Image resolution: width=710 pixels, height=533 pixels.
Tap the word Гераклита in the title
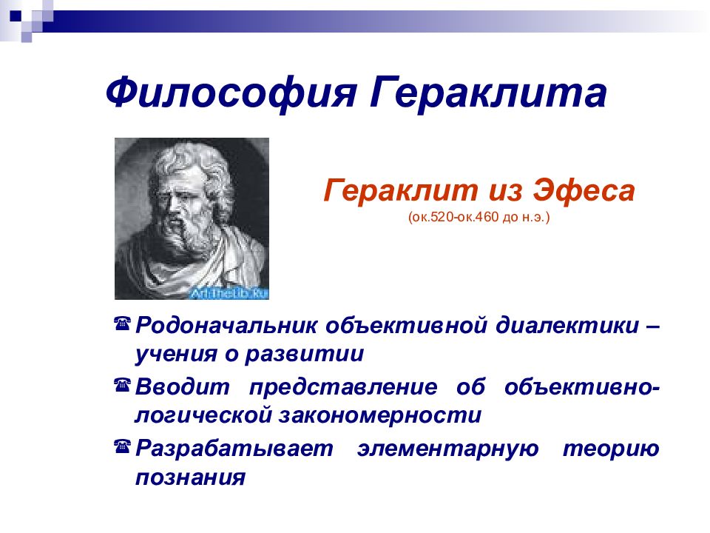click(x=488, y=93)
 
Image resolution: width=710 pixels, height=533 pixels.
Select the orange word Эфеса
click(x=584, y=191)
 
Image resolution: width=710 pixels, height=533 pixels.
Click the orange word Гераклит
click(x=401, y=191)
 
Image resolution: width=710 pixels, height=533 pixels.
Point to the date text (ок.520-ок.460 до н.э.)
click(x=479, y=217)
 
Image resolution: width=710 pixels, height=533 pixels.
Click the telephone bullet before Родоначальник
click(x=122, y=324)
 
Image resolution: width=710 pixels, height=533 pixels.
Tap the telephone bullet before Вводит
click(x=122, y=385)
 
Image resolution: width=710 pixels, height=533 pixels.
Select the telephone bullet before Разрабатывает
click(x=122, y=446)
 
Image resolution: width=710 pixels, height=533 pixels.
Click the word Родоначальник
click(x=226, y=326)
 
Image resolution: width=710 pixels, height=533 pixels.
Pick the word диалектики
click(x=567, y=326)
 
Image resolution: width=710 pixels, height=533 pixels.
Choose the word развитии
click(x=304, y=355)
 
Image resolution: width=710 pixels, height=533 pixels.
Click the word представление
click(x=344, y=387)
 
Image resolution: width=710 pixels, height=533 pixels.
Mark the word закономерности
click(x=380, y=415)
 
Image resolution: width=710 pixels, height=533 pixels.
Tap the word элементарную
click(x=448, y=449)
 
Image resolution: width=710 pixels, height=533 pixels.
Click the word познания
click(x=191, y=477)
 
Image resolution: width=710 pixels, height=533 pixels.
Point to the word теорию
click(x=611, y=449)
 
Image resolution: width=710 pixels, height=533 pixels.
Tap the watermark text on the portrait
click(x=229, y=293)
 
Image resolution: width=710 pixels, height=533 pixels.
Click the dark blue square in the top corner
click(x=16, y=16)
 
